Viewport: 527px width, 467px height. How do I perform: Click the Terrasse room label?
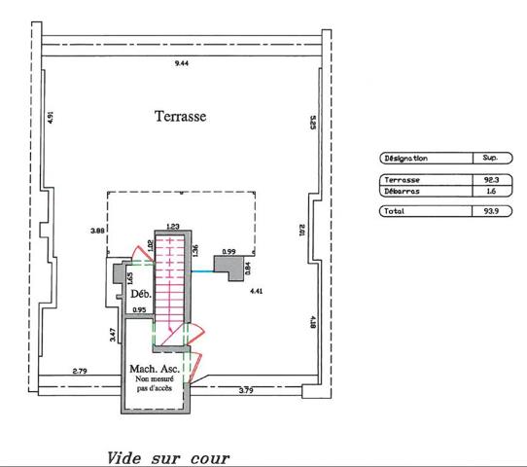coord(180,117)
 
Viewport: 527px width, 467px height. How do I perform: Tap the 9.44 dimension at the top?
coord(182,63)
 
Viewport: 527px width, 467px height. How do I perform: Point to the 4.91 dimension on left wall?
coord(51,118)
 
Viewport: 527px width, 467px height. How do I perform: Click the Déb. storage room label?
coord(141,294)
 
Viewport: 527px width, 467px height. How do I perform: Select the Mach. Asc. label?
coord(155,369)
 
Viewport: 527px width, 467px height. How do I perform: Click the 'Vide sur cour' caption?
coord(168,458)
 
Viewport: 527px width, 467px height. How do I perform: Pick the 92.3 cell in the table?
coord(491,180)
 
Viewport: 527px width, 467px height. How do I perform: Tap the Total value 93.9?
coord(491,211)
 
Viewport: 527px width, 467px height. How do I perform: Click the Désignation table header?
coord(406,158)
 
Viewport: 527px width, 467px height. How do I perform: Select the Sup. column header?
coord(490,158)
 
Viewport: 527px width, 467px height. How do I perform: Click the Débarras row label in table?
coord(402,192)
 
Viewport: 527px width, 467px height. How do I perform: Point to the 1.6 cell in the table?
coord(491,192)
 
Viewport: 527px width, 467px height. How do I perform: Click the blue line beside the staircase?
coord(203,271)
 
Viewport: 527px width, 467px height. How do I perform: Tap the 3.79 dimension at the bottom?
coord(246,390)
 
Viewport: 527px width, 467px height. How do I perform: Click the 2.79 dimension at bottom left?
coord(80,372)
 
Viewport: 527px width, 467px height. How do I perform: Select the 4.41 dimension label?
coord(256,291)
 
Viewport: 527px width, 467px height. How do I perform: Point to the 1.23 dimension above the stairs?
coord(173,227)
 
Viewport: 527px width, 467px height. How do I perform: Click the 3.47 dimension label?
coord(113,335)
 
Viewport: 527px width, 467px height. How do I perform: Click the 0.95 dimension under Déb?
coord(139,309)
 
